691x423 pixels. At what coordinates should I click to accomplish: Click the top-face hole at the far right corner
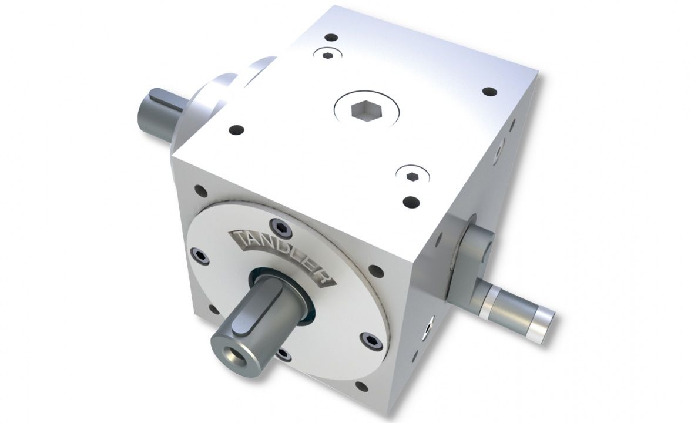click(x=489, y=92)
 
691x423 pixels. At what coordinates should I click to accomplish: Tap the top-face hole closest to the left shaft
click(x=237, y=129)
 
